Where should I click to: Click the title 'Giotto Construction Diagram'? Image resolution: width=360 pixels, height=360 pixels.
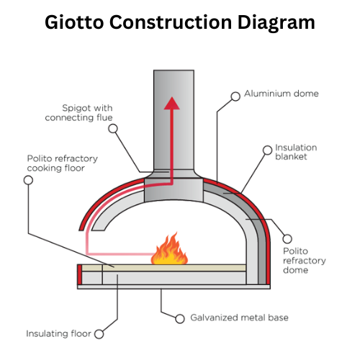coord(180,22)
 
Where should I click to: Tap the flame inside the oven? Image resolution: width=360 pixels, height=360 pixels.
coord(170,249)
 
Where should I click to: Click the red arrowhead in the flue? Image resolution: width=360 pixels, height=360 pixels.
coord(172,102)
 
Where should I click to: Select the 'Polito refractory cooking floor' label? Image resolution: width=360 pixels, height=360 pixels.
coord(63,163)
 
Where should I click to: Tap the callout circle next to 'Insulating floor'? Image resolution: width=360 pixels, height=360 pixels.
coord(99,333)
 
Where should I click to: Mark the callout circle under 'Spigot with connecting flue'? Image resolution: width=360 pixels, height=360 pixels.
coord(112,129)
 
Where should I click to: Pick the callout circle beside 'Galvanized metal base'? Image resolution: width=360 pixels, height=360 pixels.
coord(181,317)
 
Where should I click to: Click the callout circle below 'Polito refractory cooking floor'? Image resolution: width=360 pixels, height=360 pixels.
coord(28,180)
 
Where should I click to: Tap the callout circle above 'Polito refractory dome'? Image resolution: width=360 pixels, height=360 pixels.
coord(288,237)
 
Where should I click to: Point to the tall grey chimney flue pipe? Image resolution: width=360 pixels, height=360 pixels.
coord(172,122)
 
